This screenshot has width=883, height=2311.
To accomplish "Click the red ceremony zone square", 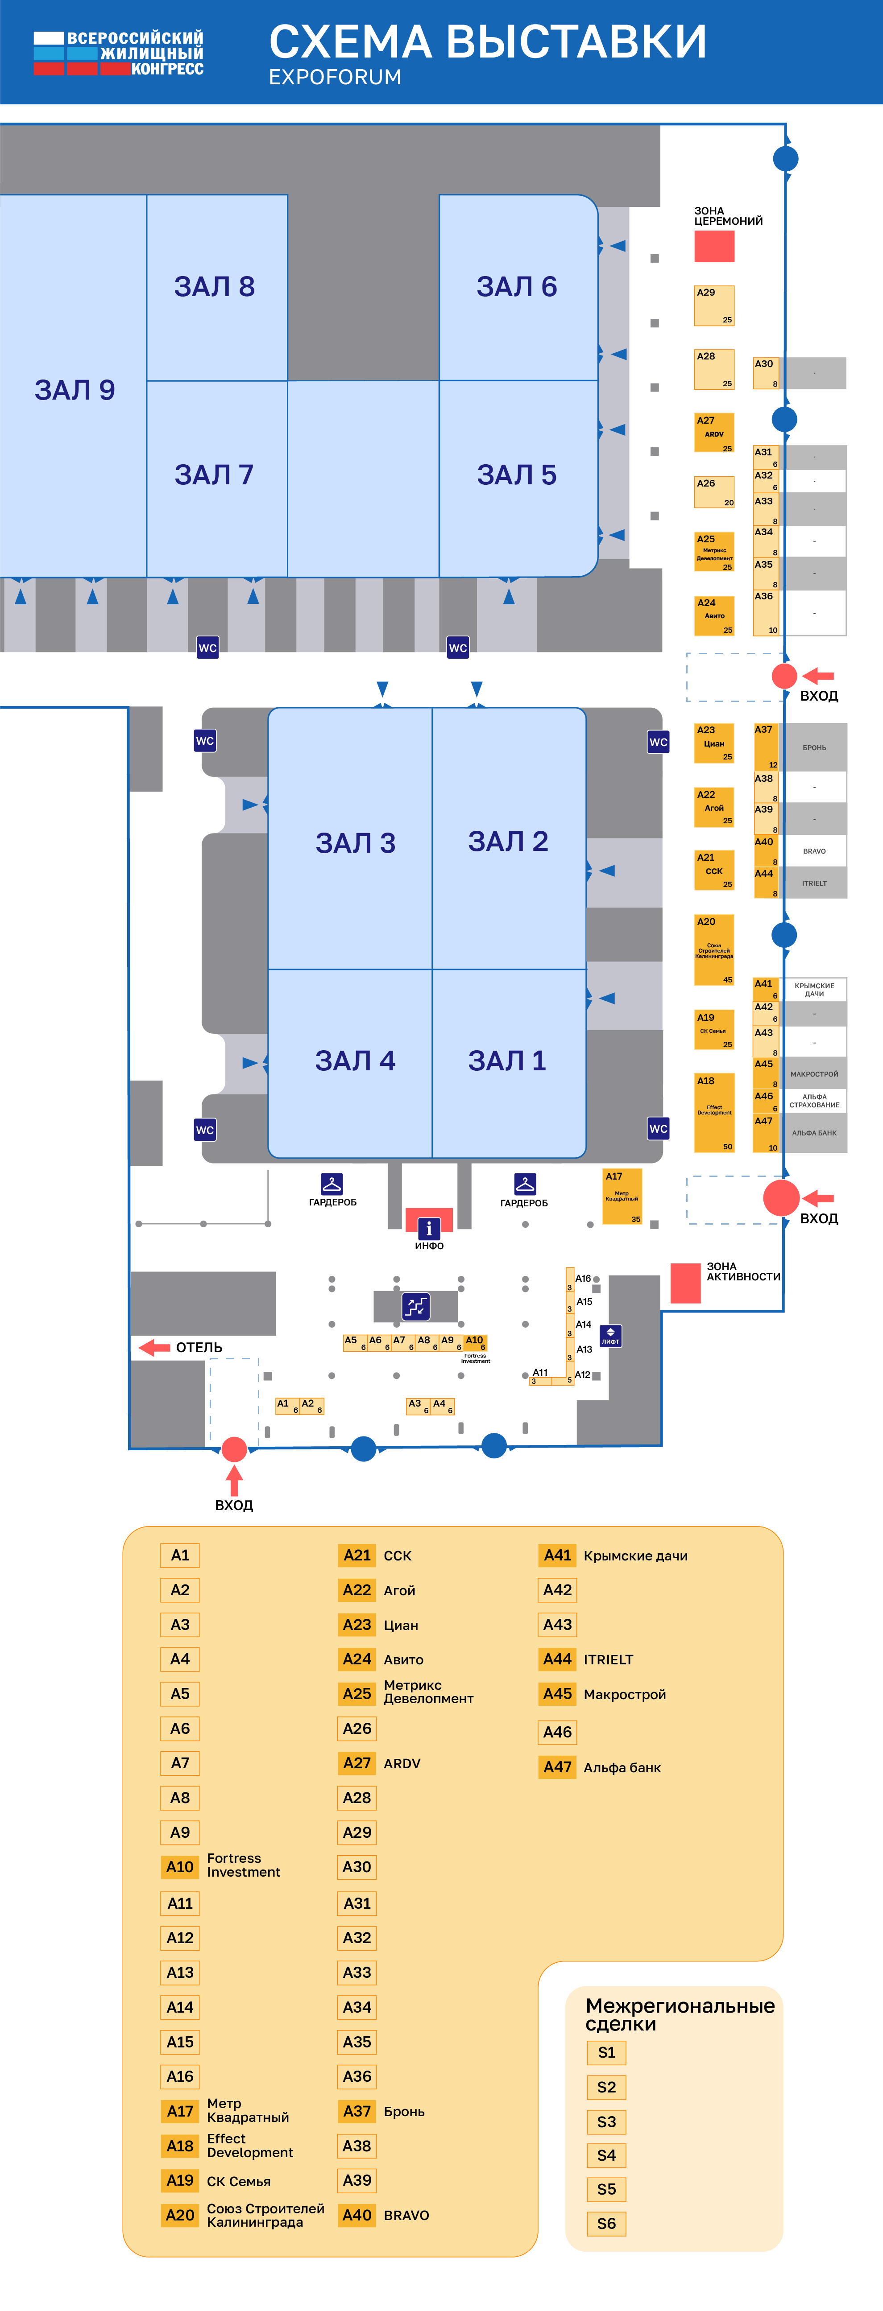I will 714,246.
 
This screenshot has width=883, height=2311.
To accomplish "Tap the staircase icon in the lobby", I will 415,1306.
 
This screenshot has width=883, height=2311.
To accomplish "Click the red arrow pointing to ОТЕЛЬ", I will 154,1347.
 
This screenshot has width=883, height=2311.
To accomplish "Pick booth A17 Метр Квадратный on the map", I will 622,1196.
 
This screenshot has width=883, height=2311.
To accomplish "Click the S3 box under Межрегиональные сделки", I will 607,2122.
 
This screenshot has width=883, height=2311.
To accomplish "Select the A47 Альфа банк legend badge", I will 557,1767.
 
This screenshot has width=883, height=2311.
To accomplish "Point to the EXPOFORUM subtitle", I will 335,77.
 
